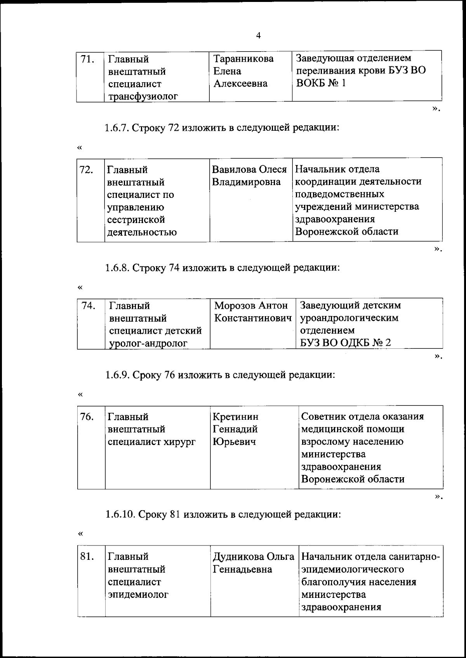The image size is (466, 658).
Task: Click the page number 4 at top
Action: [x=259, y=36]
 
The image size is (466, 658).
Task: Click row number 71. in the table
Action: [x=87, y=59]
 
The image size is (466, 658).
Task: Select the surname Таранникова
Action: [x=243, y=59]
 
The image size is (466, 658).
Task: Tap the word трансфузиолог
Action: [x=143, y=96]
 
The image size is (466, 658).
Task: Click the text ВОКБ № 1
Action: [x=321, y=83]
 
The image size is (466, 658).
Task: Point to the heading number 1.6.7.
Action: [x=117, y=128]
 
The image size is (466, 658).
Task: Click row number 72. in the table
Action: [x=86, y=170]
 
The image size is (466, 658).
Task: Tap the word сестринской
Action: [x=136, y=220]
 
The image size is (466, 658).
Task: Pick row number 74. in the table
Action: [x=89, y=306]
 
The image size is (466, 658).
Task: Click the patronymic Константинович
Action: [x=253, y=318]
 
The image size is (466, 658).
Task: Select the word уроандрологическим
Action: [x=349, y=318]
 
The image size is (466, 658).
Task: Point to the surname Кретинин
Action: [x=235, y=417]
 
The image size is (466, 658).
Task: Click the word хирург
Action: [x=180, y=442]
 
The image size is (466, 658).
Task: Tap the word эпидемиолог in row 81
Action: [x=138, y=594]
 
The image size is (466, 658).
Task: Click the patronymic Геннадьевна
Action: [x=242, y=570]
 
